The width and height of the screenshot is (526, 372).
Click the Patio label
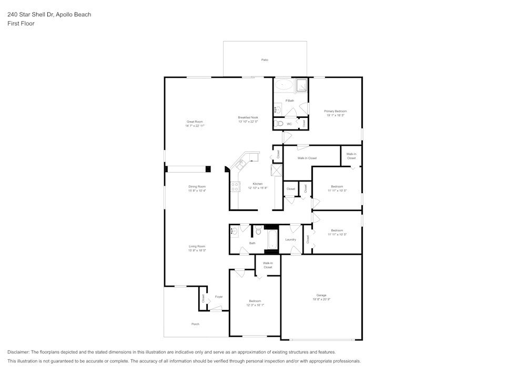(x=265, y=60)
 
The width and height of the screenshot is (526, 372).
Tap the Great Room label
(x=195, y=122)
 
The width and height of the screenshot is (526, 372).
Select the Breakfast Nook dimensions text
(x=248, y=122)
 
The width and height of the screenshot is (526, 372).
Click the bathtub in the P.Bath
(x=285, y=85)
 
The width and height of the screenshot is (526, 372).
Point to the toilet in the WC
(x=280, y=124)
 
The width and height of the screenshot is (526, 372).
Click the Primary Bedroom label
(x=335, y=111)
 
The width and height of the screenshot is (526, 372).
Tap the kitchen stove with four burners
(x=234, y=187)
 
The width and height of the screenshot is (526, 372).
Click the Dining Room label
(x=197, y=186)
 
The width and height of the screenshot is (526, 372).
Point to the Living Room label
(x=197, y=246)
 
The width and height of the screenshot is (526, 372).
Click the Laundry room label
(x=290, y=239)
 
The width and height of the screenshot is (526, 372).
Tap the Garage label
(x=321, y=295)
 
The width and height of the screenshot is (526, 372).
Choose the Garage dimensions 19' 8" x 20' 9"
(x=321, y=299)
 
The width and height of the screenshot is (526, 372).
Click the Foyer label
(x=219, y=297)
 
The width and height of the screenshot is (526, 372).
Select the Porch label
(x=195, y=324)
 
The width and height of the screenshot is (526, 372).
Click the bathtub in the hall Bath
(x=272, y=239)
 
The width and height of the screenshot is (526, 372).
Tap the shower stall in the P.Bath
(x=301, y=85)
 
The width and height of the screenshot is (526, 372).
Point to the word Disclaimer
(x=18, y=352)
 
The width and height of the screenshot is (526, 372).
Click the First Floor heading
(x=21, y=24)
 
